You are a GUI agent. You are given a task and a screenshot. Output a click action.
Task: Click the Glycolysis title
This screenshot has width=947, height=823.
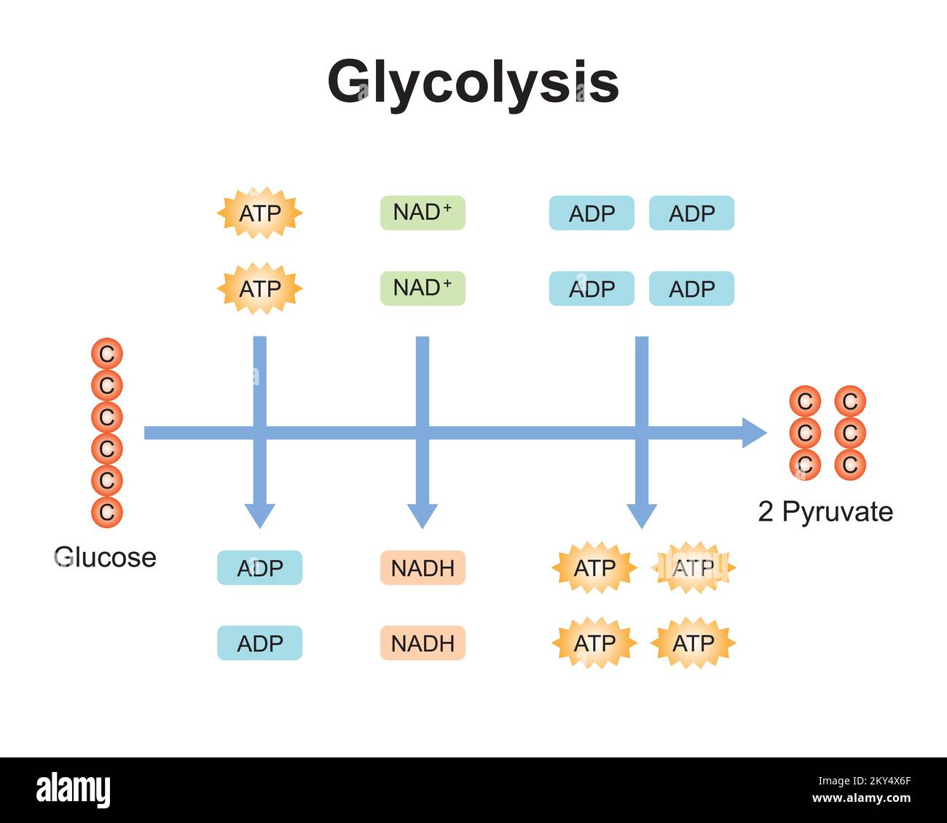[473, 82]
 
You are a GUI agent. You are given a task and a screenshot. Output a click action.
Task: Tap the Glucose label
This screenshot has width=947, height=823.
[105, 557]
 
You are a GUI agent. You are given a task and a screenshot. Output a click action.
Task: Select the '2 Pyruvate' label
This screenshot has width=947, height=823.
[825, 511]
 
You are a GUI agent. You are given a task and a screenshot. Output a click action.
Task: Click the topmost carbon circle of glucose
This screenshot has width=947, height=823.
[106, 354]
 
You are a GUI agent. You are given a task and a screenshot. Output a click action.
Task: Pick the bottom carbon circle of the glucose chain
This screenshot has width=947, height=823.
[106, 512]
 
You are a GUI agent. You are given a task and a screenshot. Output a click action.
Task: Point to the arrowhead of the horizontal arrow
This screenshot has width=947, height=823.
[754, 433]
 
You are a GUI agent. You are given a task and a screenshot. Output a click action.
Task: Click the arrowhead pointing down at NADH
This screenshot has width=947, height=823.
[423, 516]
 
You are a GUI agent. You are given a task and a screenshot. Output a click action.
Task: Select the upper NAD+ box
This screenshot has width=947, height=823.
[423, 213]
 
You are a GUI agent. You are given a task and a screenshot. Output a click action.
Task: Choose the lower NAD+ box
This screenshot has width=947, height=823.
[423, 288]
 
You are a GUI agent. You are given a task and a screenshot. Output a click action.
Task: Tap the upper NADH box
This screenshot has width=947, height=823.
[423, 568]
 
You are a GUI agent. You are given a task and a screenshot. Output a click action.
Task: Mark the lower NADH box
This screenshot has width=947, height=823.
[423, 643]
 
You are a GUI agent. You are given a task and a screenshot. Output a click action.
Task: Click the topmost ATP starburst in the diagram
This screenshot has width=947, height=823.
[260, 213]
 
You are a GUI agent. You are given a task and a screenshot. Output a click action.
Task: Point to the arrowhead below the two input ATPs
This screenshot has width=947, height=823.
[260, 516]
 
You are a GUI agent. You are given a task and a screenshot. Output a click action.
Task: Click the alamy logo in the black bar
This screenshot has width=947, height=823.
[73, 790]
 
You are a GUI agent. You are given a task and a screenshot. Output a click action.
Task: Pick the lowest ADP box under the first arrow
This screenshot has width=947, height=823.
[260, 643]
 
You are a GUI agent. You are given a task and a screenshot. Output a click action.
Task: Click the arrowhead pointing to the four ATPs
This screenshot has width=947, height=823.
[642, 516]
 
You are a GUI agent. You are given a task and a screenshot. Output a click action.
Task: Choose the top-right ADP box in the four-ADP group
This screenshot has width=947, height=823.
[691, 213]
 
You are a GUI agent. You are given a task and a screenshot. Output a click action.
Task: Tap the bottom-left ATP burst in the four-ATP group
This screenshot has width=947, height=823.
[594, 643]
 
